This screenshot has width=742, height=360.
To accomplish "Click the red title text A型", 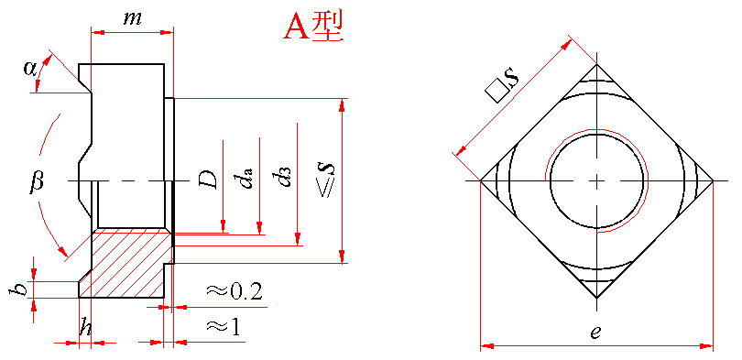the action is (x=312, y=27).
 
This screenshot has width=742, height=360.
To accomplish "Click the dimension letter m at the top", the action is (x=132, y=18).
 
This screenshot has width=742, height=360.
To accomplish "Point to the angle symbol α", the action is (x=30, y=69).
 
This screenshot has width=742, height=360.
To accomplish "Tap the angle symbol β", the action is (x=36, y=181).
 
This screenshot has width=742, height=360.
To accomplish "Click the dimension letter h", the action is (x=85, y=327).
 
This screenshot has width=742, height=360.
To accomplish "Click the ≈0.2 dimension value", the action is (x=234, y=292).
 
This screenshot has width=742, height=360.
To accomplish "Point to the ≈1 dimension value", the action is (x=223, y=326).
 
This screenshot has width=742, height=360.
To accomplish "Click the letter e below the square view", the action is (x=595, y=333).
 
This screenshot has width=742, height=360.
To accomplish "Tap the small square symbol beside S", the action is (x=495, y=93).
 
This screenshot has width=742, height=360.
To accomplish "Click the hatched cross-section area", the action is (x=125, y=264).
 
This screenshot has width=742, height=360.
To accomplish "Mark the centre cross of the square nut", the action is (x=596, y=180).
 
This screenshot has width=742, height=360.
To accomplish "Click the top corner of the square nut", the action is (x=596, y=64).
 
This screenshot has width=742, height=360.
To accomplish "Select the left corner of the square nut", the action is (x=480, y=180).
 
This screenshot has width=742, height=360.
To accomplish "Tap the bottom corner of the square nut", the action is (x=596, y=298).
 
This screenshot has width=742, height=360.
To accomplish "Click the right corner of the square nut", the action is (x=713, y=180).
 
